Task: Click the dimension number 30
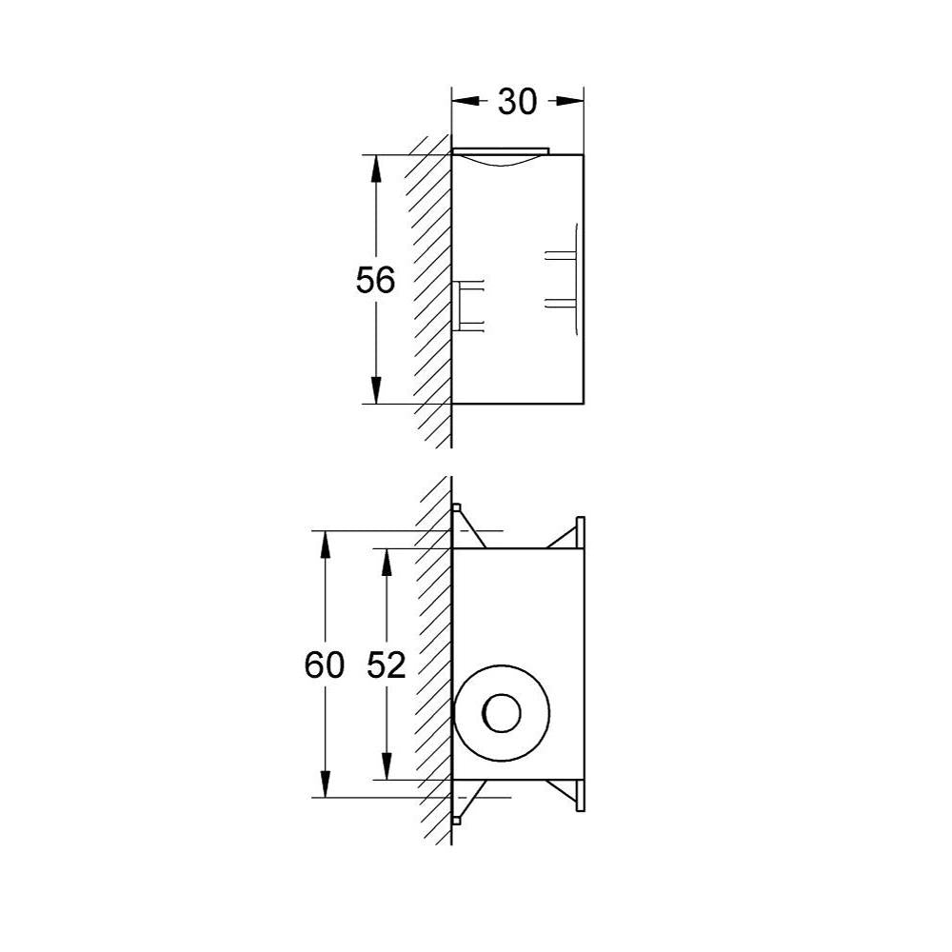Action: pyautogui.click(x=517, y=102)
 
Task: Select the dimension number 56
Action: pyautogui.click(x=375, y=280)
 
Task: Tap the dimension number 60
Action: pyautogui.click(x=325, y=664)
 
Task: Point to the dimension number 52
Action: pyautogui.click(x=387, y=664)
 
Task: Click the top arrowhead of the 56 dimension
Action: pyautogui.click(x=376, y=169)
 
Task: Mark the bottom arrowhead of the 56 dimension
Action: pyautogui.click(x=376, y=390)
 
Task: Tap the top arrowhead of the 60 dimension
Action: pyautogui.click(x=326, y=545)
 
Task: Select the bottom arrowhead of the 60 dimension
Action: pyautogui.click(x=326, y=783)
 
